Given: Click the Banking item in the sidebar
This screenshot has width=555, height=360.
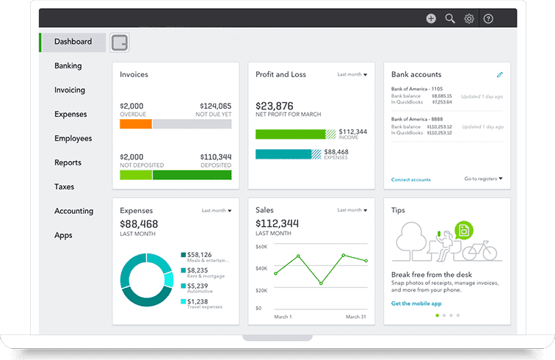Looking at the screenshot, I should [x=68, y=66].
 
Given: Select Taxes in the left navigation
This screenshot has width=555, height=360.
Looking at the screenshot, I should [x=64, y=187].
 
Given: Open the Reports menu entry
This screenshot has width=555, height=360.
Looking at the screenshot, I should [x=68, y=162].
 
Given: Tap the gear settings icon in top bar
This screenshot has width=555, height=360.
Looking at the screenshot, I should [x=469, y=19].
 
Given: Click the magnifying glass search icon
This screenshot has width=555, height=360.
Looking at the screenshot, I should [x=450, y=19].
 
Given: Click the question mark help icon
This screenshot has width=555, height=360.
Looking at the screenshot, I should [x=488, y=19].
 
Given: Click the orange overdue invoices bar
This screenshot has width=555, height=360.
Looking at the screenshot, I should [x=135, y=125].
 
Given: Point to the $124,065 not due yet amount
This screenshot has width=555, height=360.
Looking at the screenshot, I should [x=214, y=107].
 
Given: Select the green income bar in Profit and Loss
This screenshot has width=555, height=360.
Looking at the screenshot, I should [x=290, y=134].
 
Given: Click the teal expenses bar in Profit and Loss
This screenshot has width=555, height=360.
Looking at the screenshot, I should [x=283, y=154].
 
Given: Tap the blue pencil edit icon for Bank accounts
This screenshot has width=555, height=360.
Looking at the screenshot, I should [x=500, y=75].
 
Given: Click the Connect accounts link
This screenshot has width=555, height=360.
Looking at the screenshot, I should [x=411, y=179].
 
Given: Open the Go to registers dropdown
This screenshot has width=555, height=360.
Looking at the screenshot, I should [x=483, y=179].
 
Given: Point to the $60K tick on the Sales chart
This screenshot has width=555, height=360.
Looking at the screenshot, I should [x=261, y=247].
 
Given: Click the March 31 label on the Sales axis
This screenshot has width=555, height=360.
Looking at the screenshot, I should [x=355, y=316].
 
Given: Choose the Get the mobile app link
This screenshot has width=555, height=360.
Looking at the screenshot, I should [x=416, y=303].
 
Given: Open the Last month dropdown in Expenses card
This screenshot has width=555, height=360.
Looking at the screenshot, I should [x=217, y=211].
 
